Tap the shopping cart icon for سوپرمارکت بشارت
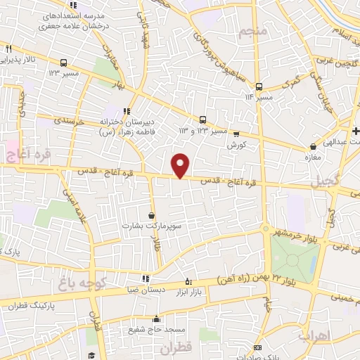coord(152,215)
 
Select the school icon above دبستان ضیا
coord(145,278)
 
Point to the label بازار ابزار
coord(200,291)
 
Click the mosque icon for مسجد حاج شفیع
coord(156,318)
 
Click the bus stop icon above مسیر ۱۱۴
coord(259,87)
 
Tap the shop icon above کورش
coord(236,134)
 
